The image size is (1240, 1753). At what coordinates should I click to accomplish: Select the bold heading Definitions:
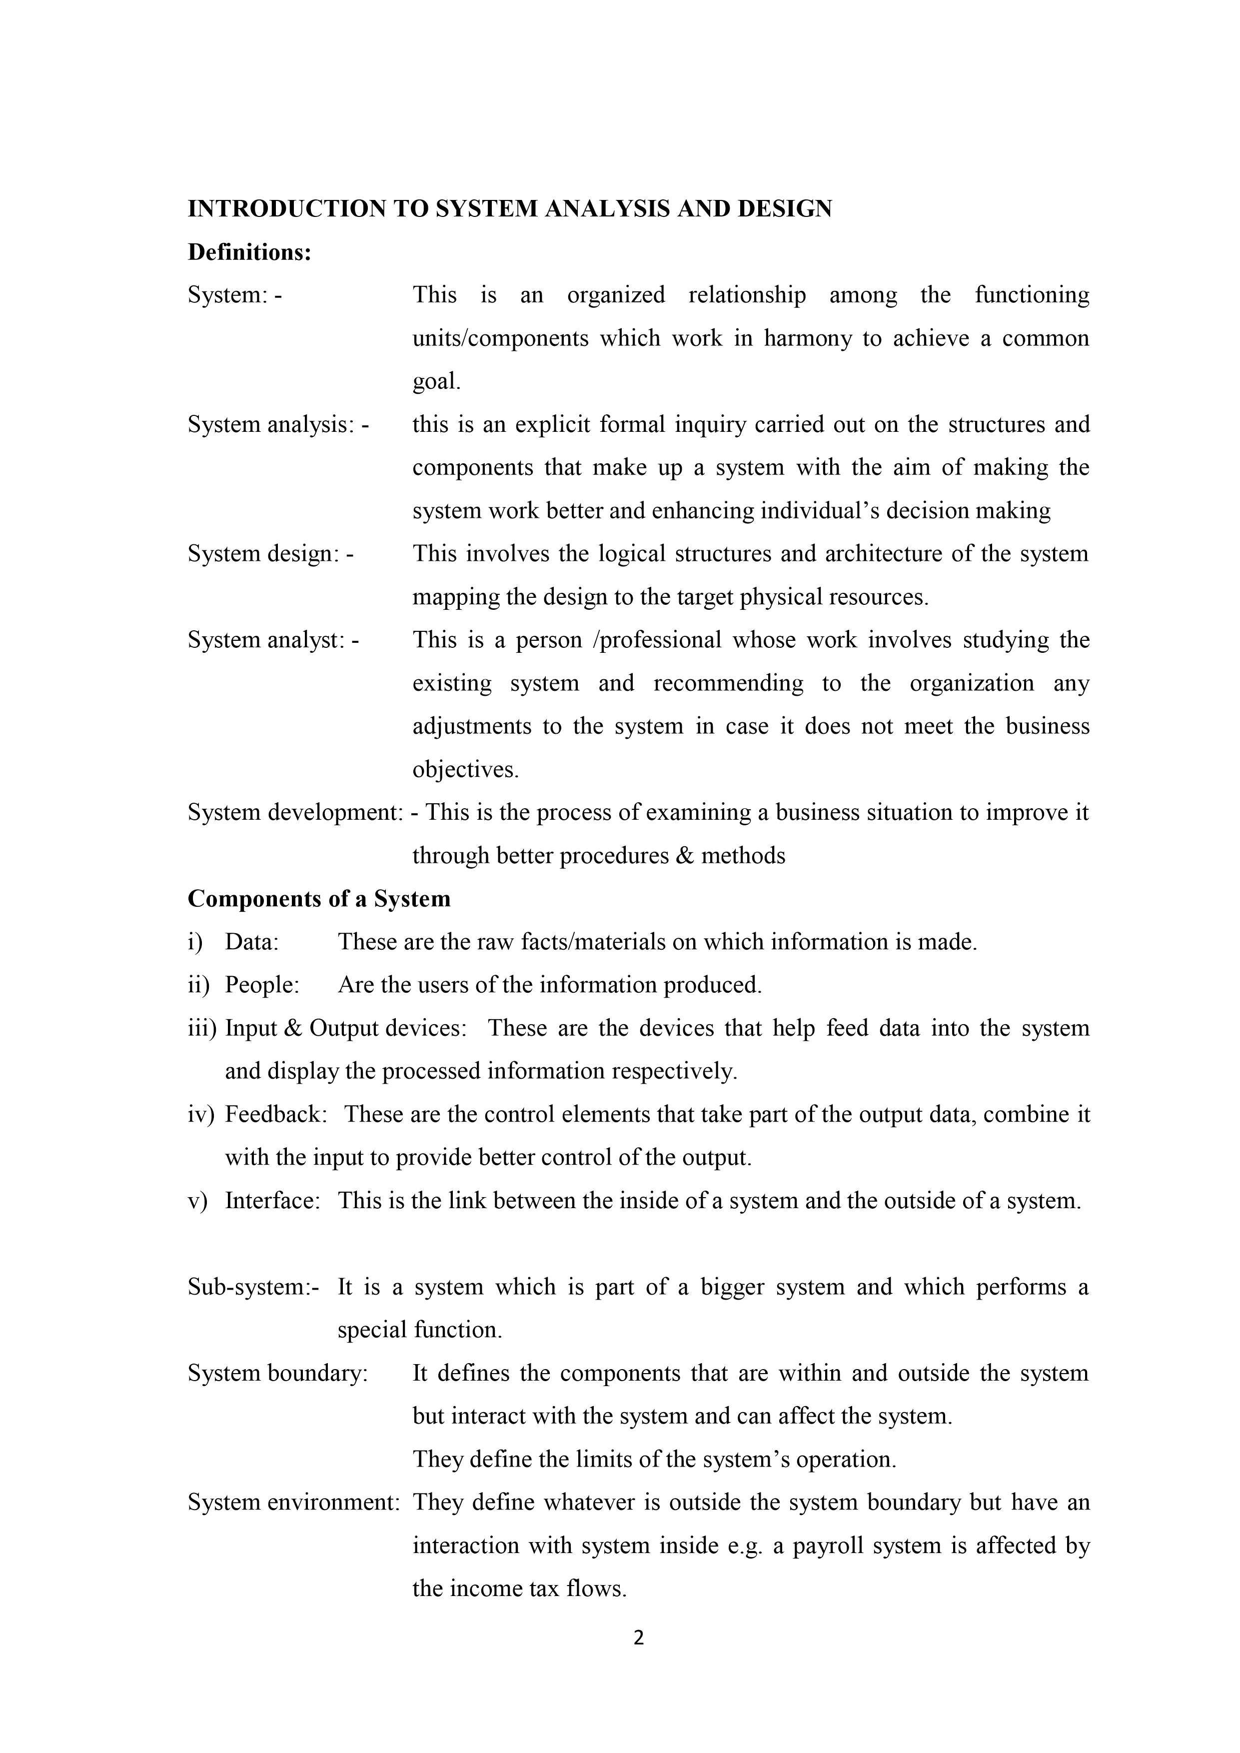click(250, 253)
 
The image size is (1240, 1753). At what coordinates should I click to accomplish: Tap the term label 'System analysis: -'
click(278, 424)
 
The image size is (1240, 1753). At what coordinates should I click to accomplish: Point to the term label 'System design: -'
click(270, 553)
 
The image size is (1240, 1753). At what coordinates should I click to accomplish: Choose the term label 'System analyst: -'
click(273, 640)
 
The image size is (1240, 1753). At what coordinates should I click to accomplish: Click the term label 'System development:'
click(295, 812)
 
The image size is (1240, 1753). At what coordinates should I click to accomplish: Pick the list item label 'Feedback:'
click(276, 1115)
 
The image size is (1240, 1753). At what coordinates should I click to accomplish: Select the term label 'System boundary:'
click(278, 1374)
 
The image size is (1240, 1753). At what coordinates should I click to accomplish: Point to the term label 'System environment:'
click(294, 1503)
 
